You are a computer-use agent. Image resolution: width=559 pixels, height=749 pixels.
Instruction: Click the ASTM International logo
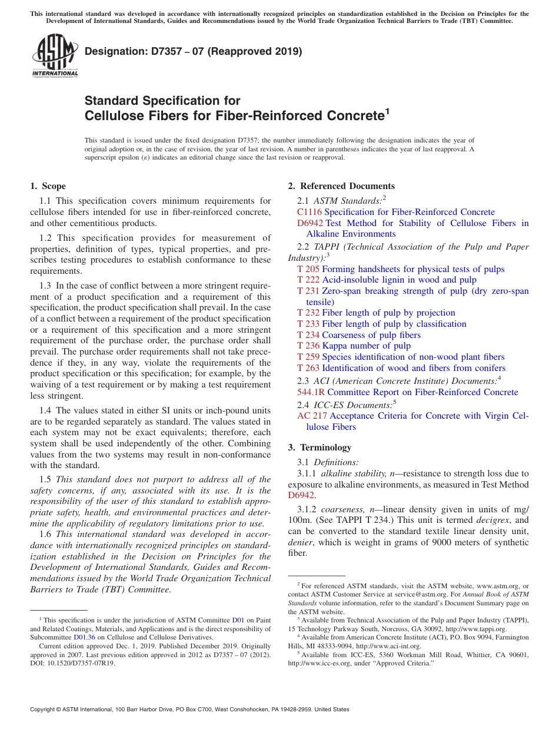(x=55, y=57)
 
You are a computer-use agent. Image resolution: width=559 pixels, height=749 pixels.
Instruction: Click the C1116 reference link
(x=310, y=212)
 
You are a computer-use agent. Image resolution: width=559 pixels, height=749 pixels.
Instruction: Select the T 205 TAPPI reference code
(x=308, y=269)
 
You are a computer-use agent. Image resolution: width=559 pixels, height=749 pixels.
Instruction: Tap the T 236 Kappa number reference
(x=308, y=346)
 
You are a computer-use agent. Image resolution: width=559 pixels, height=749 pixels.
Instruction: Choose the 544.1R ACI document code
(x=312, y=393)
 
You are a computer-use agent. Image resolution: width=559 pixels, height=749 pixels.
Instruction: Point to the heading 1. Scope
(x=48, y=186)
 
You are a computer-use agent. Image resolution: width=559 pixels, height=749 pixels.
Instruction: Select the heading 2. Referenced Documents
(x=341, y=186)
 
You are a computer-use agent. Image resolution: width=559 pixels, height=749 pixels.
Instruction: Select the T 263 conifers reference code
(x=308, y=368)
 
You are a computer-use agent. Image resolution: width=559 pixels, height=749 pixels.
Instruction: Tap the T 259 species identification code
(x=308, y=357)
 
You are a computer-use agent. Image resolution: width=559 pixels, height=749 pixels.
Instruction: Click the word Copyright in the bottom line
(x=46, y=710)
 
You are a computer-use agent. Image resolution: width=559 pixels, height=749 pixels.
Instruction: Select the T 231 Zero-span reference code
(x=308, y=291)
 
